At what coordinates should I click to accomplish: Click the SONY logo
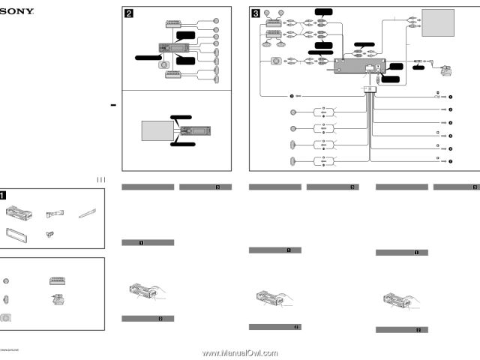point(14,10)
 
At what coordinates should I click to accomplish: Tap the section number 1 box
point(5,194)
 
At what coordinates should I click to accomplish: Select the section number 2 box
point(128,12)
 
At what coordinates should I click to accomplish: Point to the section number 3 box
point(256,12)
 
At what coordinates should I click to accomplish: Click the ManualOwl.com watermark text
point(240,352)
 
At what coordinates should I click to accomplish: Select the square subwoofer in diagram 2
point(163,66)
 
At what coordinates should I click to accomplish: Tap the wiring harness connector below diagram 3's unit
point(369,90)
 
